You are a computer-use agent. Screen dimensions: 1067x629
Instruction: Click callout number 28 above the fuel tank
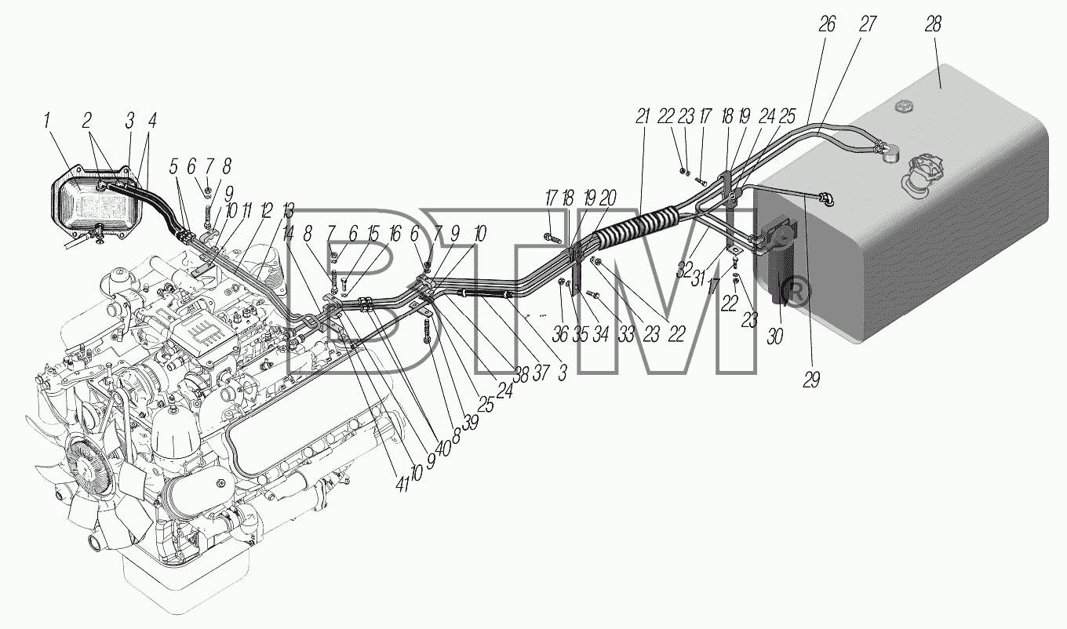coord(933,24)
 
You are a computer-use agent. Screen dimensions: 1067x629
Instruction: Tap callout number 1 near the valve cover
coord(47,121)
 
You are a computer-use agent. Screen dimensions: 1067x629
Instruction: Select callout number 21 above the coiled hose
coord(643,116)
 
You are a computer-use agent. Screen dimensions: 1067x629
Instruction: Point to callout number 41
coord(402,484)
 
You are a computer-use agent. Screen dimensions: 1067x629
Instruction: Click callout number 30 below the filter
coord(775,336)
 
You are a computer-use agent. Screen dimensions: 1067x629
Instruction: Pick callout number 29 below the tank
coord(812,380)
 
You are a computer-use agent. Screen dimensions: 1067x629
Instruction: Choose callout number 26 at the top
coord(828,24)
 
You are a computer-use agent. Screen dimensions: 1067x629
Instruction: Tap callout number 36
coord(560,335)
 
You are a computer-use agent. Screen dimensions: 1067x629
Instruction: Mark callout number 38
coord(521,376)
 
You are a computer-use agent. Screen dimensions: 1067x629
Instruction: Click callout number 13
coord(288,211)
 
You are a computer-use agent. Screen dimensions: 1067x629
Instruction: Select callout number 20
coord(608,198)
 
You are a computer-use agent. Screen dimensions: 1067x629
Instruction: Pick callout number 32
coord(684,270)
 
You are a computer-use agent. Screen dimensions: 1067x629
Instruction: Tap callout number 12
coord(267,211)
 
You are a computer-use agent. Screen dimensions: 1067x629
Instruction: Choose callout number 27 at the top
coord(868,24)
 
